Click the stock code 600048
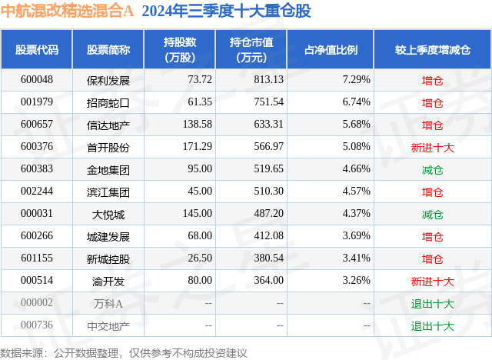37,79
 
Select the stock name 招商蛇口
108,102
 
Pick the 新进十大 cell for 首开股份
432,147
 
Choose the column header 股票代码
37,50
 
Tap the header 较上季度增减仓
432,50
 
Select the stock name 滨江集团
108,192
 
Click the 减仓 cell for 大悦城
432,214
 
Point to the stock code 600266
37,236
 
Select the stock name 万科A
108,304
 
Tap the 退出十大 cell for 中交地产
432,326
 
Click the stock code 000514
37,282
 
